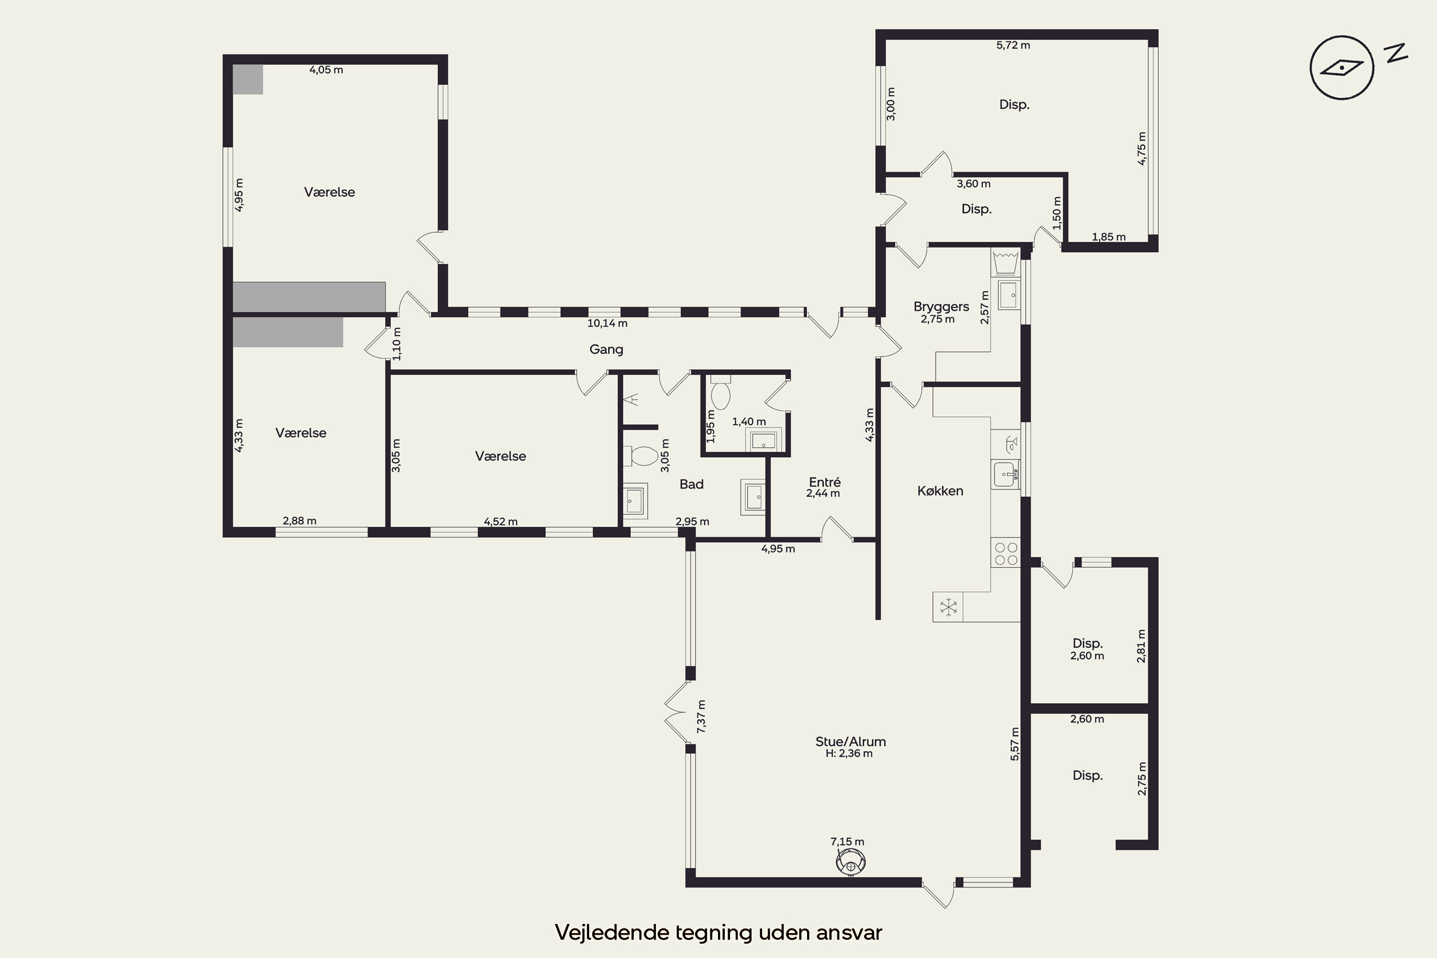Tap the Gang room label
[606, 350]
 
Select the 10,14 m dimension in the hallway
[607, 323]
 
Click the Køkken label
[940, 490]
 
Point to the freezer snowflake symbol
[948, 607]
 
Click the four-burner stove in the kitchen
[1005, 554]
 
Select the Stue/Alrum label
[851, 741]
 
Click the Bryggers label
[941, 307]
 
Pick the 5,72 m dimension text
[1013, 45]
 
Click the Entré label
[824, 482]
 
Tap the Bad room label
[692, 484]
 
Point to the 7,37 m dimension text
[701, 717]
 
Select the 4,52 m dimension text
[501, 522]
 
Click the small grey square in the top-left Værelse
[248, 80]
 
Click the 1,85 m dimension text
[1108, 237]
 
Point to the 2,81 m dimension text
[1141, 646]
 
